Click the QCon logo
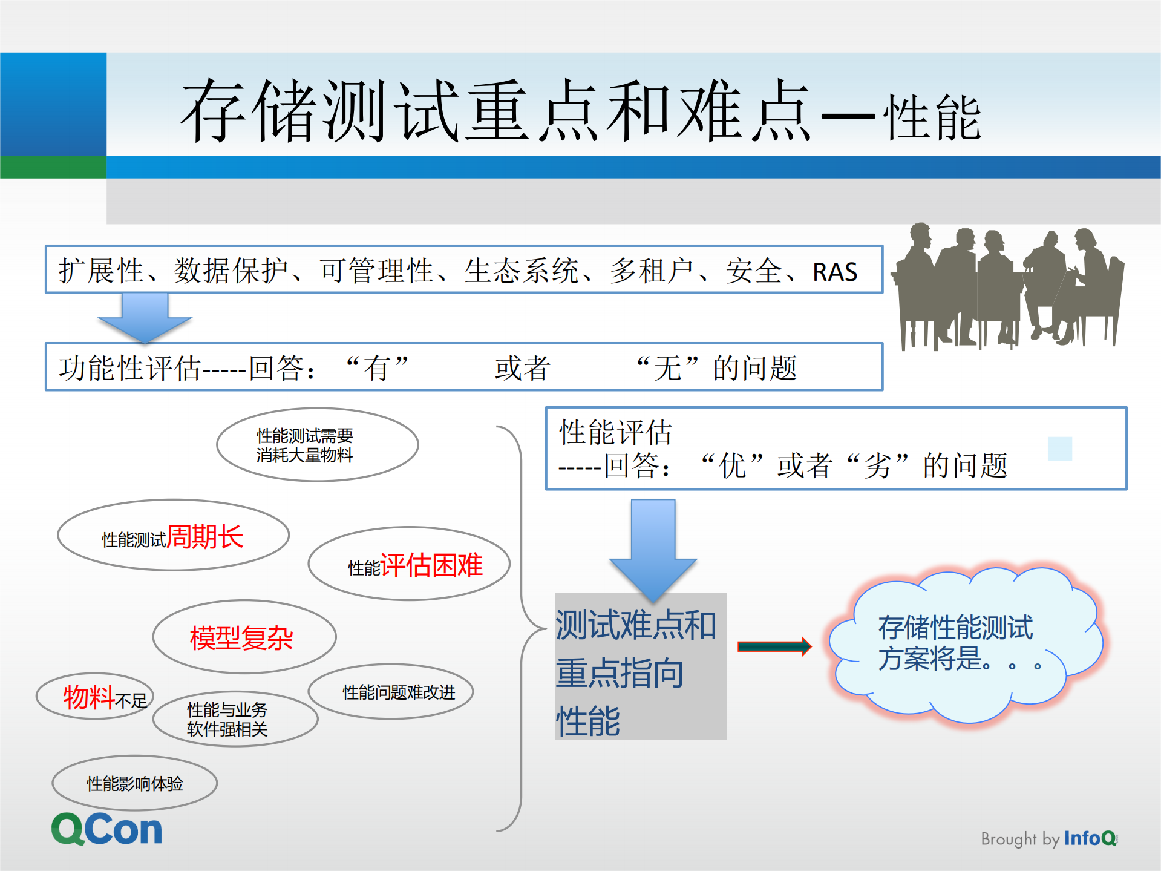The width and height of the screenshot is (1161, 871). pyautogui.click(x=106, y=829)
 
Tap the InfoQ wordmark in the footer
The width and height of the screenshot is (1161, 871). pyautogui.click(x=1090, y=838)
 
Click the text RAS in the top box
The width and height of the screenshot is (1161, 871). pyautogui.click(x=834, y=272)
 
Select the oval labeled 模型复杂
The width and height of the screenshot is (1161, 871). pyautogui.click(x=244, y=637)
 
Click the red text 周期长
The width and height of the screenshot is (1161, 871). pyautogui.click(x=204, y=536)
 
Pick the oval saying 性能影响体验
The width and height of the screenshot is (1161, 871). pyautogui.click(x=134, y=783)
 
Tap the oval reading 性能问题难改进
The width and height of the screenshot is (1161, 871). pyautogui.click(x=391, y=692)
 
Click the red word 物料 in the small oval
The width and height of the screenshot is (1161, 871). pyautogui.click(x=88, y=697)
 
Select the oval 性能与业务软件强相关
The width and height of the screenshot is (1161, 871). pyautogui.click(x=235, y=719)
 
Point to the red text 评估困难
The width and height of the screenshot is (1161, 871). pyautogui.click(x=431, y=565)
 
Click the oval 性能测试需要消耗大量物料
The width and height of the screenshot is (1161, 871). pyautogui.click(x=317, y=445)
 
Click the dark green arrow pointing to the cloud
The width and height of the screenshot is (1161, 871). pyautogui.click(x=774, y=646)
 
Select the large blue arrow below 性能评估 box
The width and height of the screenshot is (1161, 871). pyautogui.click(x=653, y=548)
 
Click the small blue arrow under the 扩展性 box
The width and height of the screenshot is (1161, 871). pyautogui.click(x=145, y=317)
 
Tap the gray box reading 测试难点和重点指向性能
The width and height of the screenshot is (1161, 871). pyautogui.click(x=641, y=666)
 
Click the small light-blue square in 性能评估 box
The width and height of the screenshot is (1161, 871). pyautogui.click(x=1059, y=449)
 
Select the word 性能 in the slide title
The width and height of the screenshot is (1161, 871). pyautogui.click(x=932, y=118)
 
